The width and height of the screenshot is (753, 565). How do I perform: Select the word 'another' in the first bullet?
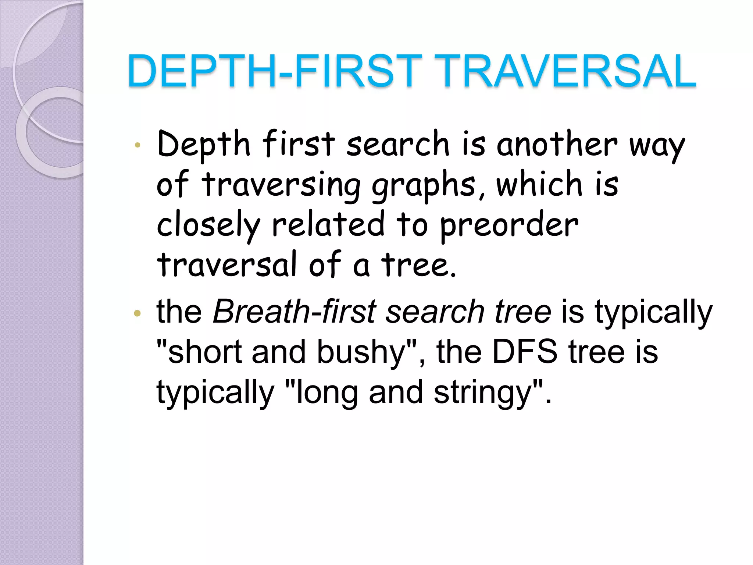[x=557, y=144]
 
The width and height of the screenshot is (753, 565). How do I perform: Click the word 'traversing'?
[x=281, y=185]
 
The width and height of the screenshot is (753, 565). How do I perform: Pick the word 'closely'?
[x=208, y=225]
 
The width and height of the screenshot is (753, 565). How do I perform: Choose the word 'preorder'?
[x=509, y=225]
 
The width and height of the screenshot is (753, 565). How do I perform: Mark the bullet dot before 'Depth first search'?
[x=138, y=145]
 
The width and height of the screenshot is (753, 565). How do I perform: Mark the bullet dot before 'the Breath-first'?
[x=138, y=313]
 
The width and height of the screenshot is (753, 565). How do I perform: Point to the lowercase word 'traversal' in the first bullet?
[x=226, y=265]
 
